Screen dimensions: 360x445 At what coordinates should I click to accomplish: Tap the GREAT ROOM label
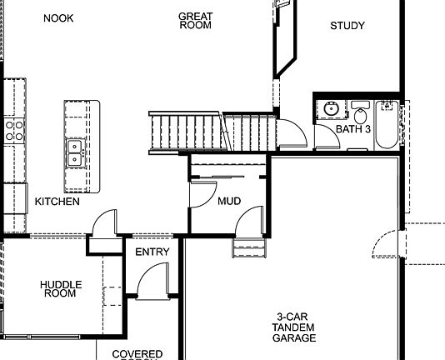195,21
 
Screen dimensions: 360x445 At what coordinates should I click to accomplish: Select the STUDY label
347,26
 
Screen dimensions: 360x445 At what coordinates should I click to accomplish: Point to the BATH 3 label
353,129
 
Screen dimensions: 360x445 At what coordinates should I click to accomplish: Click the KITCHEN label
57,202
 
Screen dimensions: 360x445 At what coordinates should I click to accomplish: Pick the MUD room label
229,202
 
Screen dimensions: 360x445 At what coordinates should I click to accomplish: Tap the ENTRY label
152,252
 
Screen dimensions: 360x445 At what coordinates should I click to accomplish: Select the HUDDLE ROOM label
61,289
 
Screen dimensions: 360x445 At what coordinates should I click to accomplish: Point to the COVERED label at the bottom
137,354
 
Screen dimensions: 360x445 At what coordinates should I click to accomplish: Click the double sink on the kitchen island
75,152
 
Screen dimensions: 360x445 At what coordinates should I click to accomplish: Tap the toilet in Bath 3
360,113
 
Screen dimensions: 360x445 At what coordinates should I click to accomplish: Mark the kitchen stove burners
14,129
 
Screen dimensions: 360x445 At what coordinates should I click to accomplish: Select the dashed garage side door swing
388,247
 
